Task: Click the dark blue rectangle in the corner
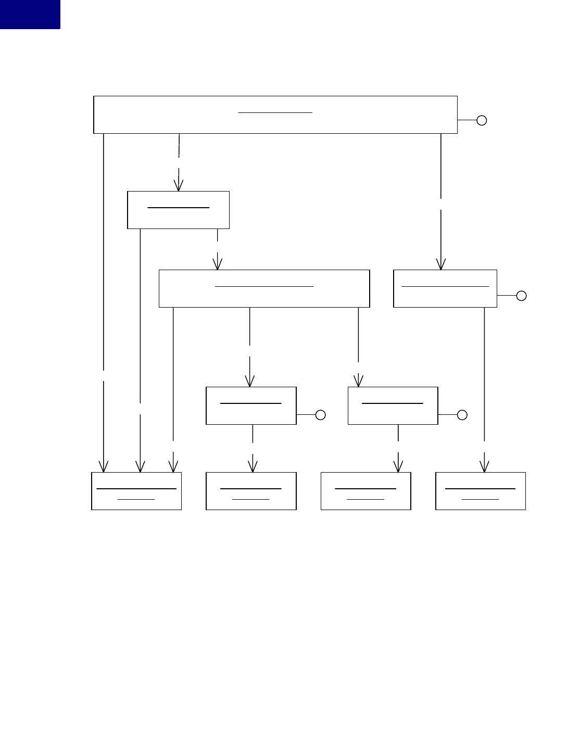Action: pos(30,14)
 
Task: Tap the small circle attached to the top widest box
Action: pos(482,120)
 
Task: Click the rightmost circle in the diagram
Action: pos(521,296)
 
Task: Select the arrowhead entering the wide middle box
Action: pos(217,264)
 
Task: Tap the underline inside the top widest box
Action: pos(275,112)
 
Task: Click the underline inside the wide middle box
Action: pos(264,286)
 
